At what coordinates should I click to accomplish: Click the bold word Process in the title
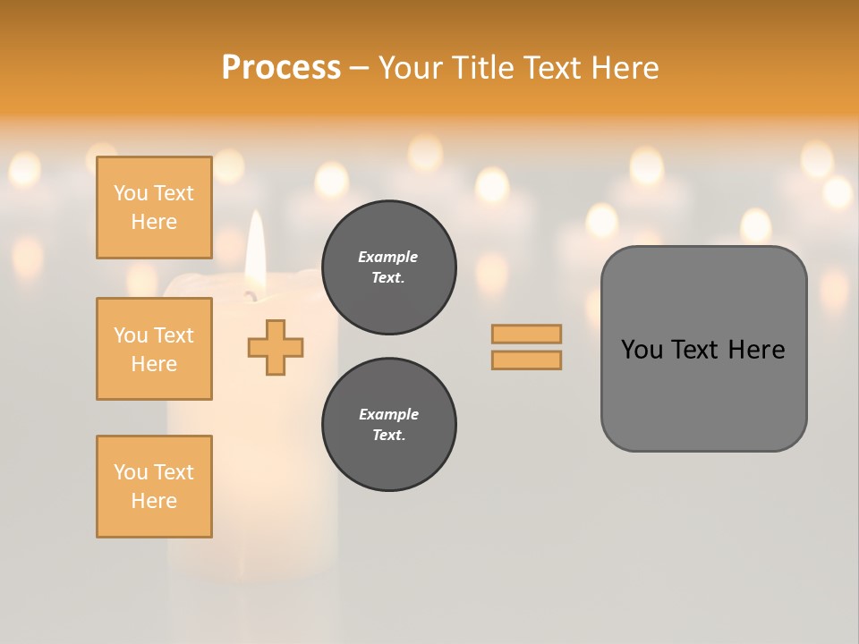(x=281, y=68)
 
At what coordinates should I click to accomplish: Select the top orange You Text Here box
(x=154, y=208)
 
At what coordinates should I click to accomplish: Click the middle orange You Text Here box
(x=154, y=349)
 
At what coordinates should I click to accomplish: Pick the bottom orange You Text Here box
(x=154, y=487)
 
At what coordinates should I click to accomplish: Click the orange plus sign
(x=276, y=347)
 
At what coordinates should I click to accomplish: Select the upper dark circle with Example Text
(x=388, y=267)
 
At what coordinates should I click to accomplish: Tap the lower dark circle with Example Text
(x=388, y=425)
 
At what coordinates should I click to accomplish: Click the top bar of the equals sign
(x=526, y=334)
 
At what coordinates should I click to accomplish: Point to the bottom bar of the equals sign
(x=526, y=360)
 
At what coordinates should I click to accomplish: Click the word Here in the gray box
(x=756, y=350)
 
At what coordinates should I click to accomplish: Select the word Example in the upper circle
(x=388, y=257)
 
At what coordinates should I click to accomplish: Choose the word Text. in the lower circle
(x=388, y=436)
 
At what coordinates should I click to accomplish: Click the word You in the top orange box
(x=130, y=193)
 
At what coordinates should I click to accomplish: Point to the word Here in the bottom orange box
(x=154, y=501)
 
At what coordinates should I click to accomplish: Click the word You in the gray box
(x=641, y=350)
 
